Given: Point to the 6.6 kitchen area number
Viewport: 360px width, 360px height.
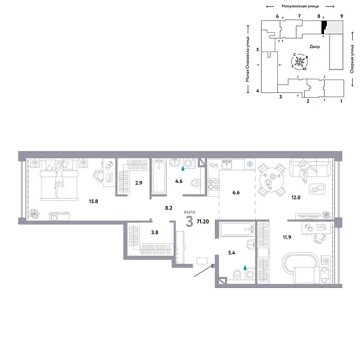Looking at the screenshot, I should click(236, 193).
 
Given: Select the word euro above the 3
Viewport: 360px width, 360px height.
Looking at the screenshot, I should click(190, 212).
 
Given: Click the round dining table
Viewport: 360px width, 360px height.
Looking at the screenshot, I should click(273, 178).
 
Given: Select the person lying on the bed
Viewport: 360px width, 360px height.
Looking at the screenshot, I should click(58, 176).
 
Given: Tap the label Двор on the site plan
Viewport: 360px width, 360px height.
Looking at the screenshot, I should click(315, 46).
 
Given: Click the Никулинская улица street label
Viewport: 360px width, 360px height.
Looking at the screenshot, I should click(295, 6).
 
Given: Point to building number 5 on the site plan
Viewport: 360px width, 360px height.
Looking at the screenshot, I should click(257, 50).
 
